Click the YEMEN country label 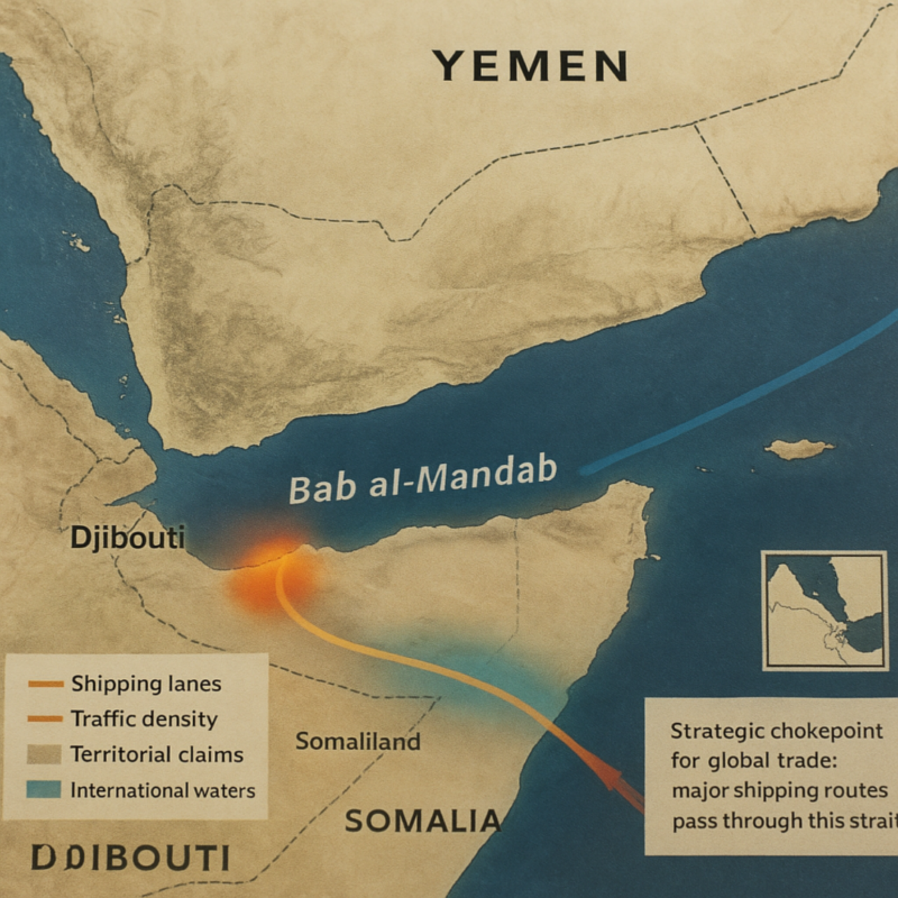point(530,66)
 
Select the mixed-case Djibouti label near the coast point(127,538)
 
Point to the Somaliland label point(358,741)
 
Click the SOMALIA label point(422,822)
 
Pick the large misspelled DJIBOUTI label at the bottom point(130,858)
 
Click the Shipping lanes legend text point(146,684)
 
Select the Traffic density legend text point(144,719)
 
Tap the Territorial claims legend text point(157,754)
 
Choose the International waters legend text point(162,790)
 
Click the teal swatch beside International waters point(44,790)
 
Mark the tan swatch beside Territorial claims point(44,754)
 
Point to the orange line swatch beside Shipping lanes point(45,684)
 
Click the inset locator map point(824,610)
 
